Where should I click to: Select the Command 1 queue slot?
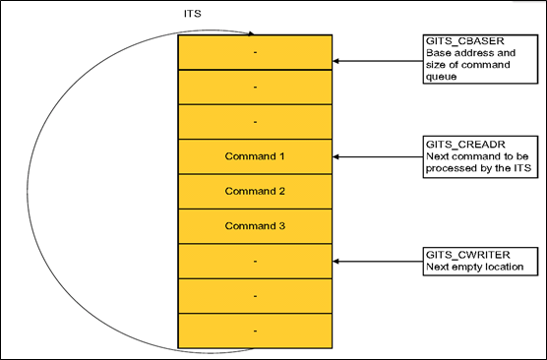click(x=255, y=155)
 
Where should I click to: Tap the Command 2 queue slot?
click(x=255, y=191)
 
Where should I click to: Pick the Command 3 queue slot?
click(x=255, y=225)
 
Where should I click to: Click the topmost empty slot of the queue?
click(x=255, y=51)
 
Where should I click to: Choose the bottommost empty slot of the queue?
click(x=255, y=330)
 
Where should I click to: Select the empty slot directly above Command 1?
click(x=255, y=121)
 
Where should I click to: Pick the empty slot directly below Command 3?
click(x=255, y=261)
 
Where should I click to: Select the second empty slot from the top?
click(x=255, y=87)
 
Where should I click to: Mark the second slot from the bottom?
click(x=255, y=295)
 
